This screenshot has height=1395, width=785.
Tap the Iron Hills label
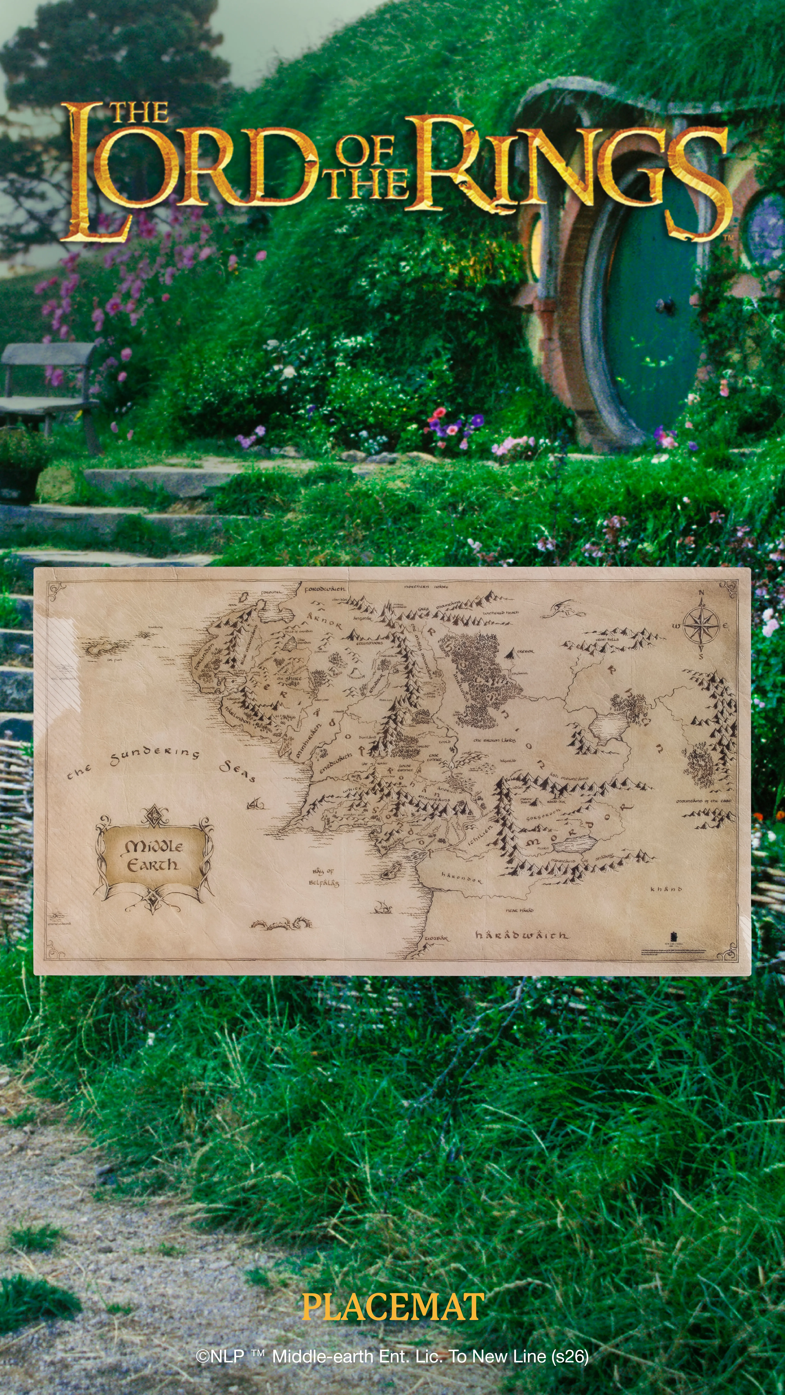pyautogui.click(x=607, y=640)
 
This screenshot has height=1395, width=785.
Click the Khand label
pyautogui.click(x=666, y=889)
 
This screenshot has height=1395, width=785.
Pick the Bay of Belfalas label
pyautogui.click(x=324, y=877)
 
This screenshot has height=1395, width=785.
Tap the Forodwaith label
pyautogui.click(x=324, y=589)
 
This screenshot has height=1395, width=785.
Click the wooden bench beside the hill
pyautogui.click(x=49, y=379)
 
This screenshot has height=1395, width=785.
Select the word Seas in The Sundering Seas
pyautogui.click(x=237, y=771)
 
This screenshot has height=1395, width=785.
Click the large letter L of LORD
pyautogui.click(x=92, y=173)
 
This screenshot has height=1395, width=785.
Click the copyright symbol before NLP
pyautogui.click(x=203, y=1356)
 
